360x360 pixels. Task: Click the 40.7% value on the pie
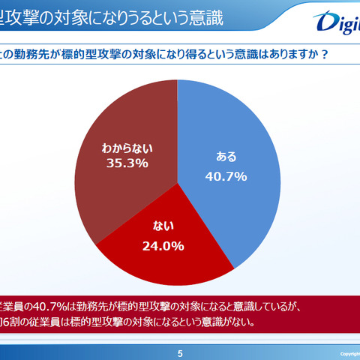226,177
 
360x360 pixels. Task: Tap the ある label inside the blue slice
226,157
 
